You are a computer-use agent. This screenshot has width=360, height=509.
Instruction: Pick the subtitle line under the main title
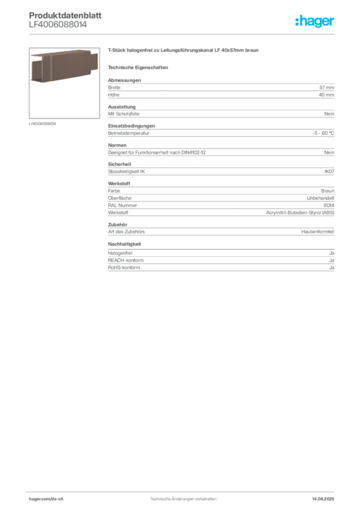[x=139, y=67]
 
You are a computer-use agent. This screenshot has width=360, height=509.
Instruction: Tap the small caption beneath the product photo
[x=44, y=124]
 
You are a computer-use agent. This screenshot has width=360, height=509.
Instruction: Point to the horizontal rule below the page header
[x=183, y=33]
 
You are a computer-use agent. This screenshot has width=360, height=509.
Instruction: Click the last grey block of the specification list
[x=220, y=262]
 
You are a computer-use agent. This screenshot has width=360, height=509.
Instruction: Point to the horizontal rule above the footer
[x=183, y=490]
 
